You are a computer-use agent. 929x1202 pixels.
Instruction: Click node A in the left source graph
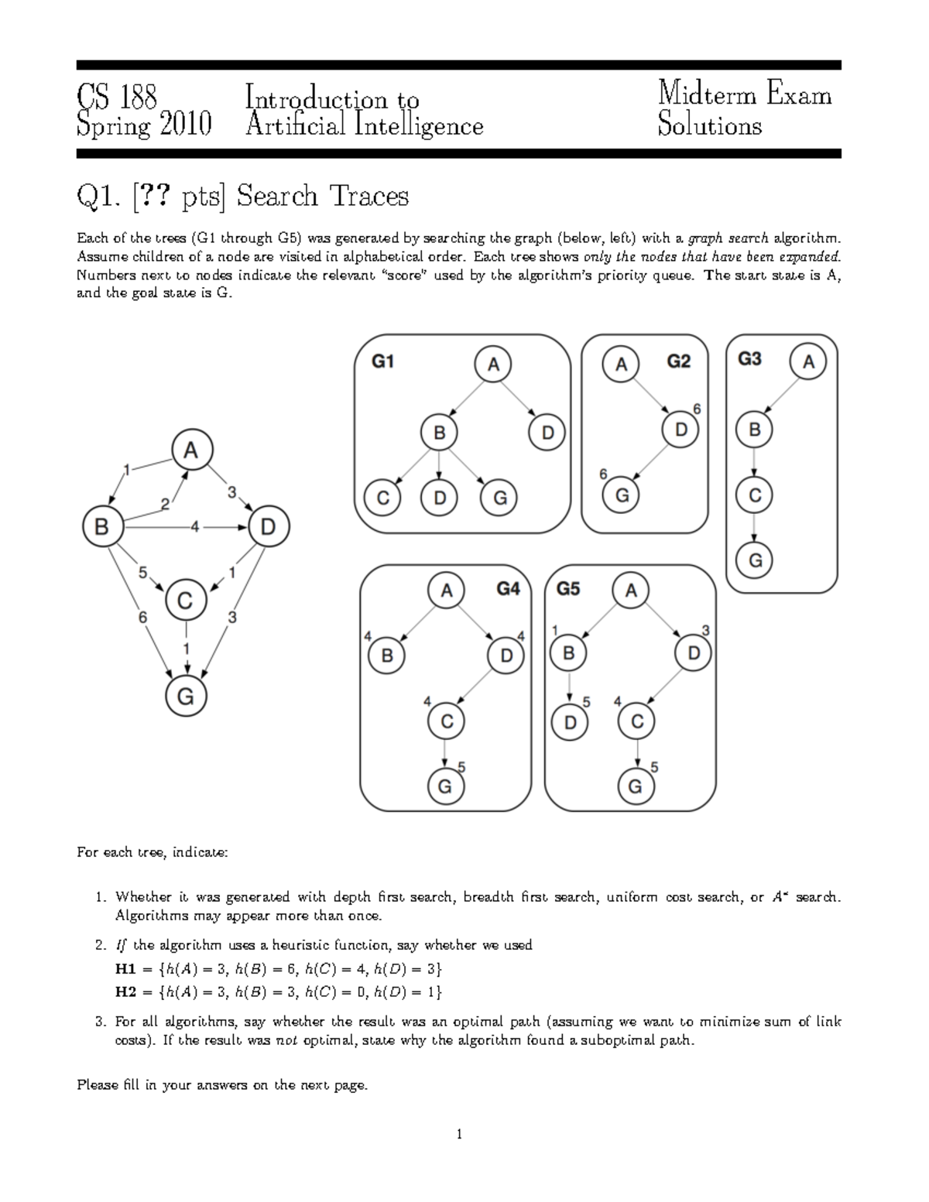pos(191,450)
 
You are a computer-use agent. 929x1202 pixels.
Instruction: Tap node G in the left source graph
pos(186,697)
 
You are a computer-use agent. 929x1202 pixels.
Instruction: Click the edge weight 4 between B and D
pos(195,527)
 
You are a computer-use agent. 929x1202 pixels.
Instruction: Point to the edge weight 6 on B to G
pos(142,617)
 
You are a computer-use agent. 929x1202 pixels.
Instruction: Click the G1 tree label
pos(383,361)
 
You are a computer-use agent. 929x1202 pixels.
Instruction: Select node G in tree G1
pos(499,498)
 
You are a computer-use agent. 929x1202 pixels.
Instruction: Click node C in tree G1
pos(382,498)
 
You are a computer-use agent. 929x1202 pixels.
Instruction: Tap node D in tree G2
pos(681,429)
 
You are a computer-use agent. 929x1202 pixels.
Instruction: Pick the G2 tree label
pos(678,361)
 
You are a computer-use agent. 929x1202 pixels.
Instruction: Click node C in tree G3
pos(755,495)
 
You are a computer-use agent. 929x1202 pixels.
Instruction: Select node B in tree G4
pos(387,656)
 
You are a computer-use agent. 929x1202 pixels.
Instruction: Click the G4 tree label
pos(508,589)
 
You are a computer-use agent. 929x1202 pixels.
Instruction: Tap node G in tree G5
pos(636,786)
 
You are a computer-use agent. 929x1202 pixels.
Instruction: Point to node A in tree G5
pos(631,591)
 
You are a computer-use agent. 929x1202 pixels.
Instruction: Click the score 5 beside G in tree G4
pos(462,767)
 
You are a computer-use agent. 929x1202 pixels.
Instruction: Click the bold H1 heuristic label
pos(125,969)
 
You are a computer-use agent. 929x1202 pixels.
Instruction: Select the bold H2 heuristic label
pos(125,991)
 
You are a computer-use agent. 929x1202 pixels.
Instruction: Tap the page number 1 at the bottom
pos(459,1135)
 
